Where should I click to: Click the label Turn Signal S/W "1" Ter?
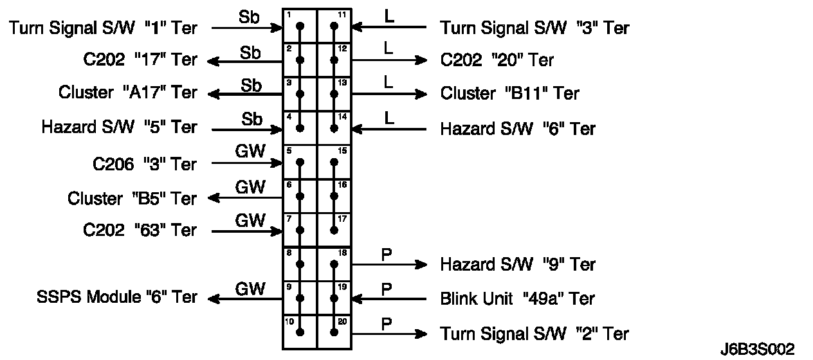[103, 28]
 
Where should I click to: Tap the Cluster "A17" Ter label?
[127, 93]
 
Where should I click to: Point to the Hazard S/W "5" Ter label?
[119, 127]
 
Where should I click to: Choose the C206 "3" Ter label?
[144, 164]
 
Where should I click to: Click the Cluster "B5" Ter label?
[132, 198]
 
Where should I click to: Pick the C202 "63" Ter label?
[140, 230]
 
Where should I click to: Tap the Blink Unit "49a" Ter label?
[517, 298]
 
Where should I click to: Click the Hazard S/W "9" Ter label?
[518, 264]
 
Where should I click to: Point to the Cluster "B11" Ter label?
[509, 93]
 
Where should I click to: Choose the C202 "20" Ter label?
[497, 60]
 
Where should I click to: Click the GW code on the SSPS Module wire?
[250, 289]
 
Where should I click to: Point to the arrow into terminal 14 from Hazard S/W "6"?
[388, 129]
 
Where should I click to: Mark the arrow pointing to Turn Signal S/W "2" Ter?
[388, 334]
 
